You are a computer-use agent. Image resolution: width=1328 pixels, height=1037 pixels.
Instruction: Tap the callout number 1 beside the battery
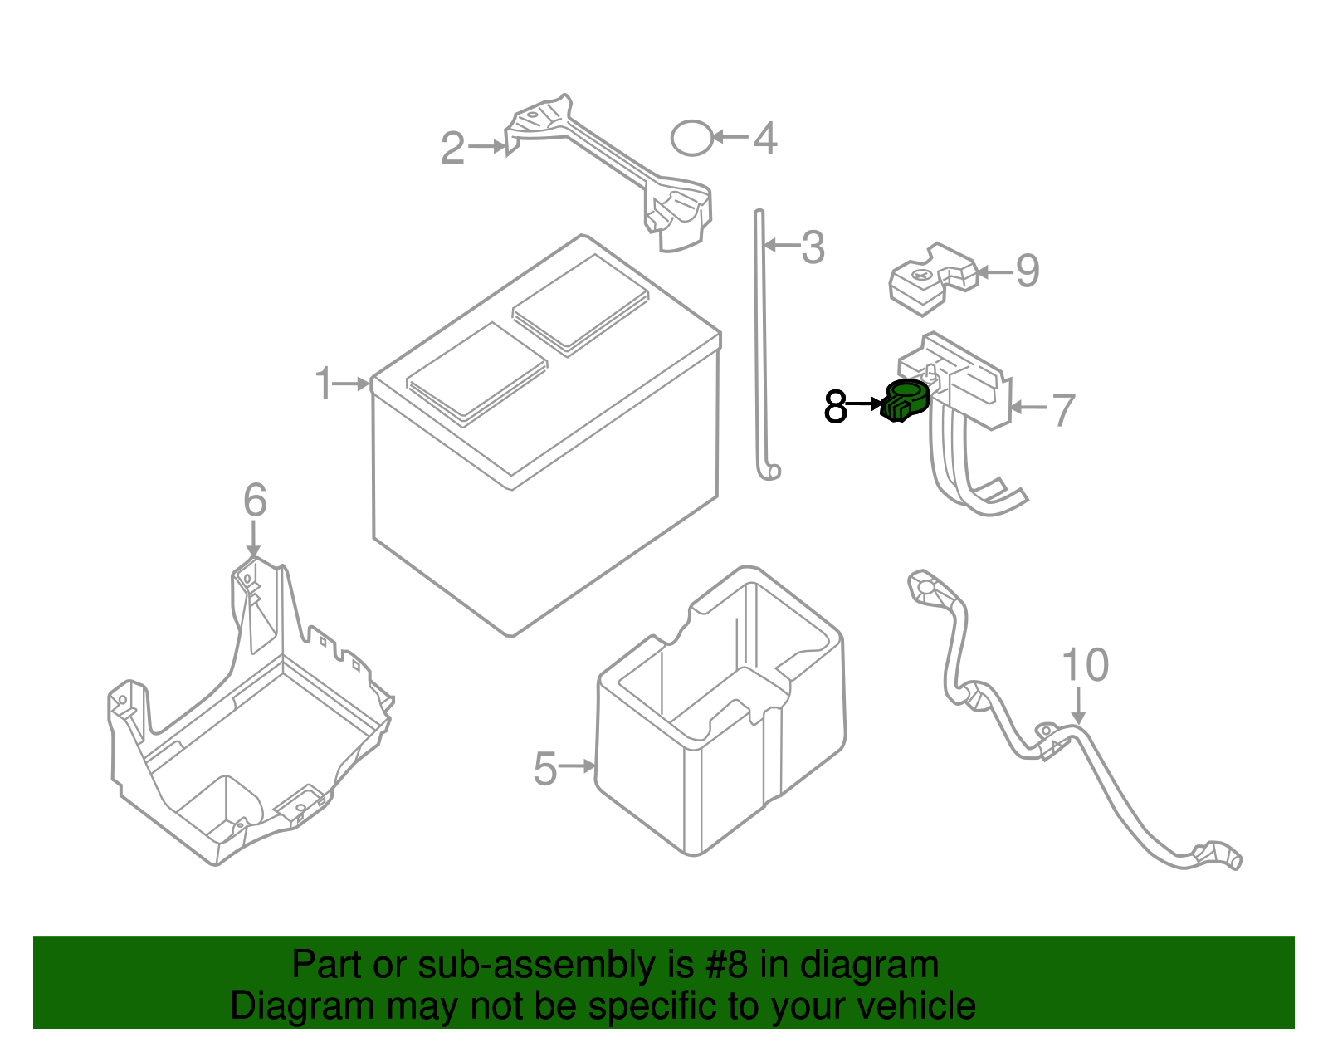(x=324, y=384)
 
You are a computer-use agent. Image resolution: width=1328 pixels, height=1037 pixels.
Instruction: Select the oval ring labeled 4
(x=691, y=138)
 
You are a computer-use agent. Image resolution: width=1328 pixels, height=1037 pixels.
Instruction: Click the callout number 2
(x=452, y=149)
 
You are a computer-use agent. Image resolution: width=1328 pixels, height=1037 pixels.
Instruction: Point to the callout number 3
(x=813, y=247)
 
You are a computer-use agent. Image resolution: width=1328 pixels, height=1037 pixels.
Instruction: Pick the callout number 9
(x=1028, y=271)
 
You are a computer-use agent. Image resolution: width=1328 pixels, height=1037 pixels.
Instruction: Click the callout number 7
(x=1063, y=409)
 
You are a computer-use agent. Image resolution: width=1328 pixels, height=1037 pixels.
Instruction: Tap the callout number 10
(x=1085, y=665)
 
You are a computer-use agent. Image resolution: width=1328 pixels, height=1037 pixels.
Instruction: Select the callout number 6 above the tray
(x=255, y=500)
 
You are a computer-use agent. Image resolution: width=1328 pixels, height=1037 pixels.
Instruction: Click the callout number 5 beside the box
(x=545, y=768)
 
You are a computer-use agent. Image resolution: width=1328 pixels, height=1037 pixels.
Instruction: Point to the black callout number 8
(x=836, y=407)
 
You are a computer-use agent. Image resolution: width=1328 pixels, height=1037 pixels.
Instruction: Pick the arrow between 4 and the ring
(x=730, y=137)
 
